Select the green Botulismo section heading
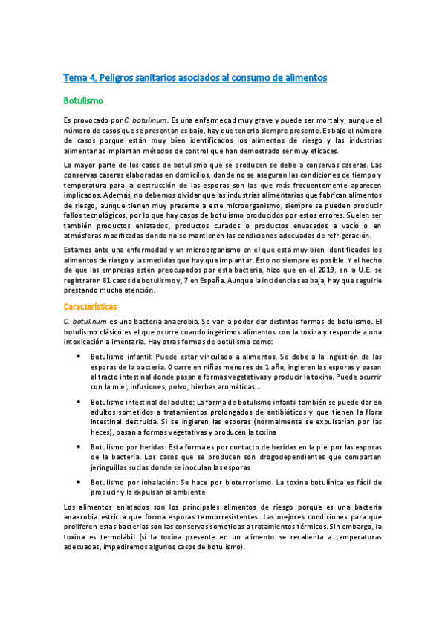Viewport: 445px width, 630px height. coord(83,99)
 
